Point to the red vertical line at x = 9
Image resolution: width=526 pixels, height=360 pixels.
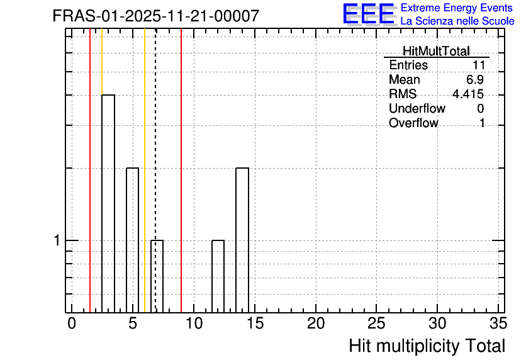[x=181, y=171]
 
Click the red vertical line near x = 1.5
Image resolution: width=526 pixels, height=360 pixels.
[x=90, y=171]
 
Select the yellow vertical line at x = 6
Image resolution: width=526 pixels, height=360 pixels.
[x=145, y=171]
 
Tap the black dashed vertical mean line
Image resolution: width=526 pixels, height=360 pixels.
[x=155, y=171]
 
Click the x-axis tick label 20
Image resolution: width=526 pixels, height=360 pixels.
[x=316, y=323]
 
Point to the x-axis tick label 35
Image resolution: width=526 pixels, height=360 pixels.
[x=498, y=323]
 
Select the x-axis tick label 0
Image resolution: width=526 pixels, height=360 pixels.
[x=72, y=323]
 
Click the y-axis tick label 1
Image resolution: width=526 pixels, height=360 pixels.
[x=57, y=240]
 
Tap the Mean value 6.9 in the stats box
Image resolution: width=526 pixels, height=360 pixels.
[x=474, y=79]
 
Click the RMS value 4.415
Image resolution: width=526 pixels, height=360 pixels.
[x=468, y=94]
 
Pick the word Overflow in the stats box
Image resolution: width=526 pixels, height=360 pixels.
[x=413, y=123]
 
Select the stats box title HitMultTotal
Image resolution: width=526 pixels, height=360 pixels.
[x=436, y=51]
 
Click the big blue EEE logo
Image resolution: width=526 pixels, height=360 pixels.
[x=369, y=14]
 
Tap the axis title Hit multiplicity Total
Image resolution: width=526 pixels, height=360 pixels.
[x=427, y=346]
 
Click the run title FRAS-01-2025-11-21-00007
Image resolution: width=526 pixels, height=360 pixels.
[x=156, y=16]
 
